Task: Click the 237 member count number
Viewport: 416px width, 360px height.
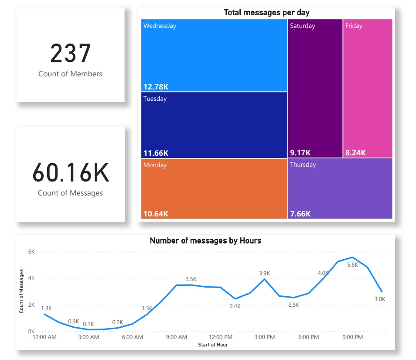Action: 70,53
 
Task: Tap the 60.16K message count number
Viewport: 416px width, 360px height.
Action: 70,172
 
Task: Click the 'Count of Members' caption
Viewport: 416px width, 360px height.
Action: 70,74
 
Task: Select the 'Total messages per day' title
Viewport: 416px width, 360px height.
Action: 266,13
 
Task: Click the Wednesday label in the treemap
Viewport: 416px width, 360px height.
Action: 160,26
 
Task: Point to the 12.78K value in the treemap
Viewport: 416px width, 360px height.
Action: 156,87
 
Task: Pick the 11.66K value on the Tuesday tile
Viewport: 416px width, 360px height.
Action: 156,153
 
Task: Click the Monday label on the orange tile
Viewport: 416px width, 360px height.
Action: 155,165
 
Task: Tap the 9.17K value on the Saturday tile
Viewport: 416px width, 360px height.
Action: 300,153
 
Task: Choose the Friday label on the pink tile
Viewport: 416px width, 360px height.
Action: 354,26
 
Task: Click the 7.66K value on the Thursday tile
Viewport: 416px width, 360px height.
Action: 300,214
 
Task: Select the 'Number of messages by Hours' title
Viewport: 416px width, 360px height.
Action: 205,240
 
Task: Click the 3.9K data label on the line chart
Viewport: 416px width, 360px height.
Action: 264,273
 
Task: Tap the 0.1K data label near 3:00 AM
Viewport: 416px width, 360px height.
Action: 89,324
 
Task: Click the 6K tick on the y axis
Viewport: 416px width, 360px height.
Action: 31,252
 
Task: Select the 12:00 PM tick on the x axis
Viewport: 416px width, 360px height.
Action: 221,337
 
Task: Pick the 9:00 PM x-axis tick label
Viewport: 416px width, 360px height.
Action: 352,337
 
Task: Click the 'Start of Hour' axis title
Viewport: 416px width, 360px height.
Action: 212,345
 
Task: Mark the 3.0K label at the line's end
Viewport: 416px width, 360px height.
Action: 380,299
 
